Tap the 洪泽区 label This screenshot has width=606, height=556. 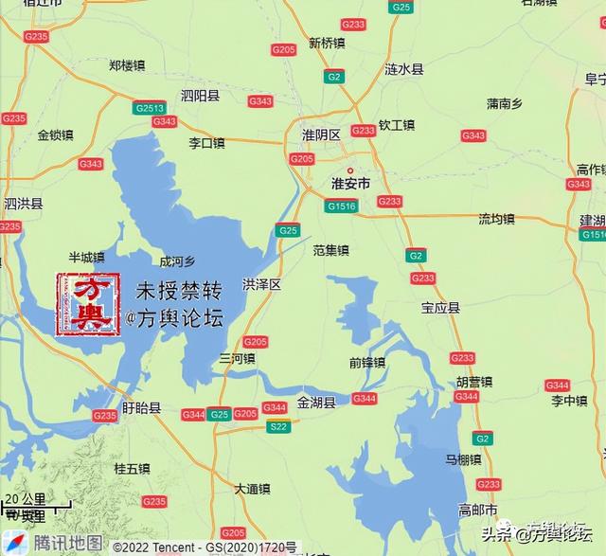click(262, 284)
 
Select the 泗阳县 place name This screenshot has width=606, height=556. click(200, 96)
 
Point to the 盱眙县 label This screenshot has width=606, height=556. click(142, 408)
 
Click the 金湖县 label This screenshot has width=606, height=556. click(316, 403)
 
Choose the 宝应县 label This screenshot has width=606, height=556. click(440, 308)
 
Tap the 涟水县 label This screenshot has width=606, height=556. click(404, 69)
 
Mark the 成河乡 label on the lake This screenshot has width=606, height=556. click(177, 261)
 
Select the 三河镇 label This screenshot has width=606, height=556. click(237, 359)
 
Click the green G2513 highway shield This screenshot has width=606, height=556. click(150, 108)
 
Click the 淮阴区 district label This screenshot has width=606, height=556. click(321, 135)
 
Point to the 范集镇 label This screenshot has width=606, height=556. click(331, 251)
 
